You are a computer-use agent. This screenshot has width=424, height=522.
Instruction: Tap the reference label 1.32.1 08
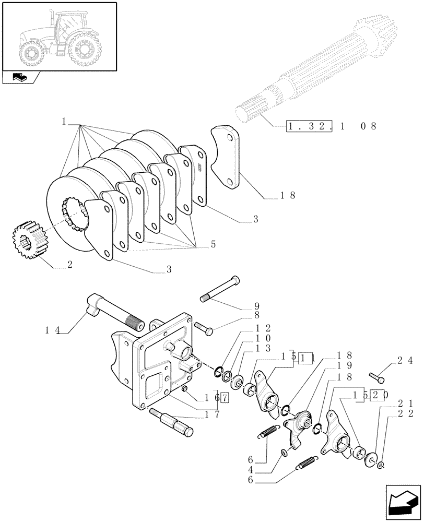pos(331,126)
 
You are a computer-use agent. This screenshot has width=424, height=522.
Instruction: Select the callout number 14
pos(53,330)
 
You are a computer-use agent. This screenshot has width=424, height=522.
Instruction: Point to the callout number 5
pos(213,243)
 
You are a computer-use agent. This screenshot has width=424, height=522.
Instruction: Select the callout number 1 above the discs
pos(63,122)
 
